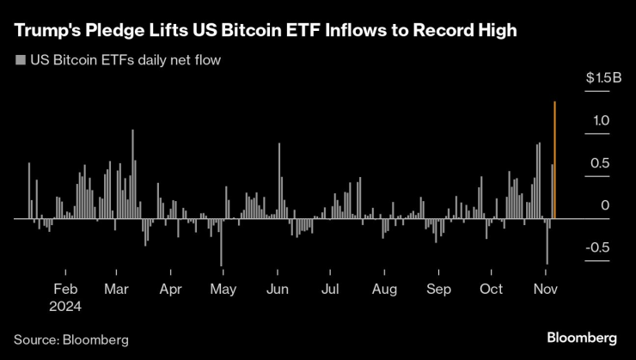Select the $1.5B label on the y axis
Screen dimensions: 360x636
click(x=603, y=78)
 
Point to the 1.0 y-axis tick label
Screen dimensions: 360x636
click(x=600, y=121)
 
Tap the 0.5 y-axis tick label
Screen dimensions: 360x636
click(x=600, y=163)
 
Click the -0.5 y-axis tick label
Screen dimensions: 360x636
click(x=598, y=247)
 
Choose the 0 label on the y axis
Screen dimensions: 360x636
click(x=605, y=205)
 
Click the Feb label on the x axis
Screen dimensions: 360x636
click(x=65, y=290)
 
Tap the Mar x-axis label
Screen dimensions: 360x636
click(x=116, y=290)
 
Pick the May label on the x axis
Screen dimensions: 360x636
click(x=223, y=290)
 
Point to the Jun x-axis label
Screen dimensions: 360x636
click(x=277, y=290)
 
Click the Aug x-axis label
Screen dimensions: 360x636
click(x=384, y=290)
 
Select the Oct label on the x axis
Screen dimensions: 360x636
click(x=491, y=290)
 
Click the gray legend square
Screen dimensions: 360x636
click(x=19, y=61)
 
